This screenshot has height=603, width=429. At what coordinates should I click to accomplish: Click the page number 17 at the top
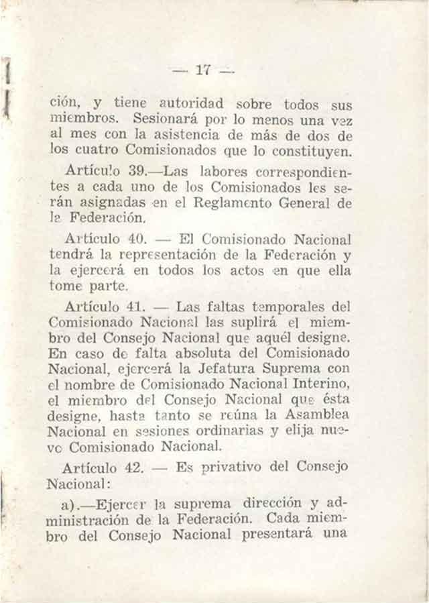coord(203,68)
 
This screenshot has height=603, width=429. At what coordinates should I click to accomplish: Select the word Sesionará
coord(164,119)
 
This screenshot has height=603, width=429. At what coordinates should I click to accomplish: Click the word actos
coord(241,270)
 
